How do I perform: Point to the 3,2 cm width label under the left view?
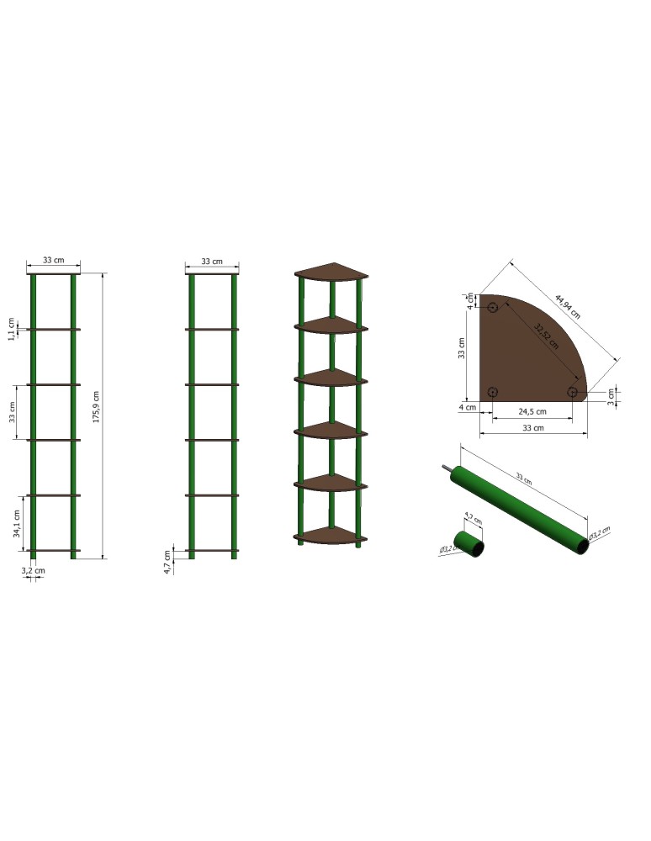[x=34, y=570]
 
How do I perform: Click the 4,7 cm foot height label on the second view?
[x=168, y=562]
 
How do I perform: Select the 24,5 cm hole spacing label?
[x=532, y=412]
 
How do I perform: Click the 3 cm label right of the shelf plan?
[x=611, y=394]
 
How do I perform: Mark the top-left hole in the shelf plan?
[x=493, y=308]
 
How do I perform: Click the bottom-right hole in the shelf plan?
[x=573, y=392]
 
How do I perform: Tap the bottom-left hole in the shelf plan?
[x=493, y=392]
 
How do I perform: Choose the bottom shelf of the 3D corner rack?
[x=330, y=534]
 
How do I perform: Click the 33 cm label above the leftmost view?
[x=52, y=261]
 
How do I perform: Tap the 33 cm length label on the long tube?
[x=524, y=479]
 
